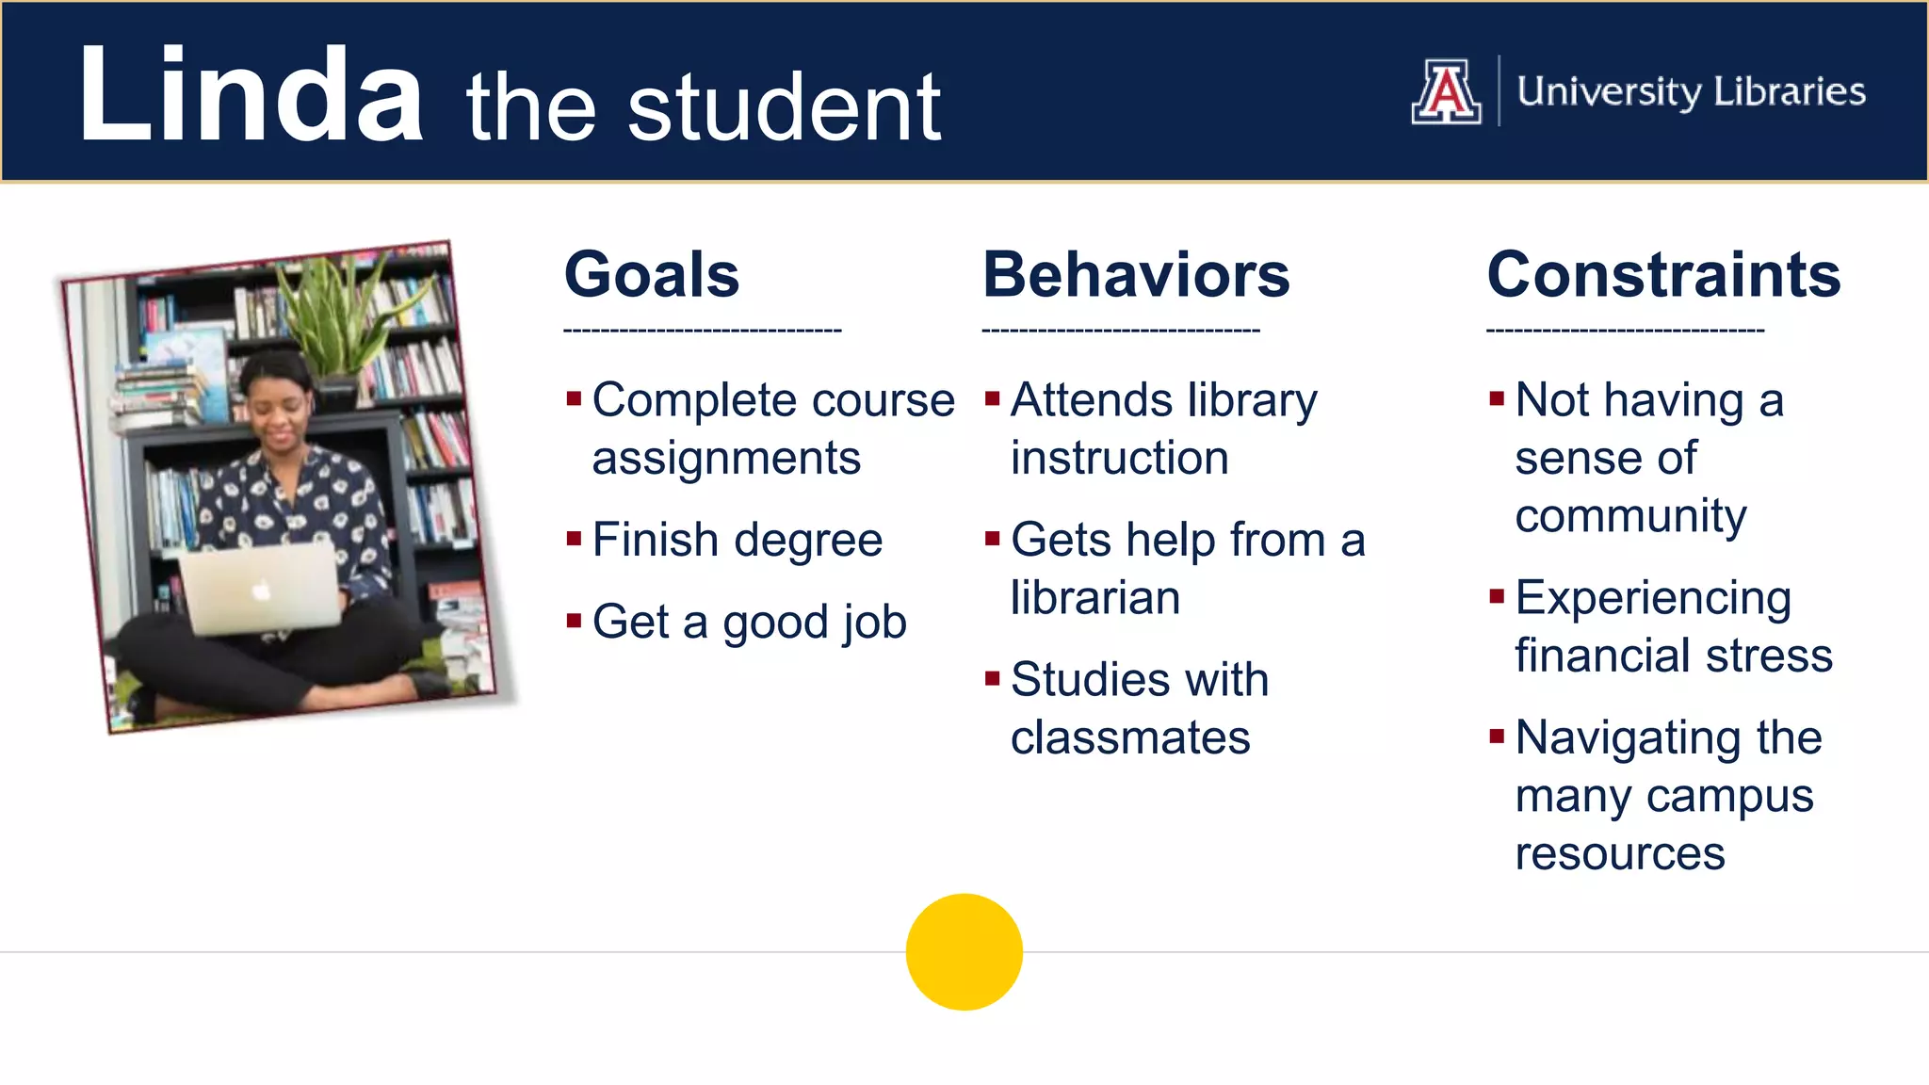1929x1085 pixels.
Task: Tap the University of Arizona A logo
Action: click(1446, 91)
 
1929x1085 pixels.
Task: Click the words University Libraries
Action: click(1691, 91)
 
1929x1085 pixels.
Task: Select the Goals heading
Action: click(652, 275)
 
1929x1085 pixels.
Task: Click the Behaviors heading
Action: click(1136, 275)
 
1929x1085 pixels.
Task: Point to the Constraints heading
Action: click(1663, 275)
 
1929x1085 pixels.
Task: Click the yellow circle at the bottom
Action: click(964, 951)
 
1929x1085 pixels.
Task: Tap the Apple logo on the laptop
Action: click(261, 591)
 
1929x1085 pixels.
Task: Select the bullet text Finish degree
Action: click(737, 541)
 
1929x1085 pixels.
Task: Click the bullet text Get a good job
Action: click(749, 623)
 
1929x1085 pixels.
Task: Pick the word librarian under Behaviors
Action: click(1094, 598)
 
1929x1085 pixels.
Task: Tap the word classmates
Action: click(1130, 737)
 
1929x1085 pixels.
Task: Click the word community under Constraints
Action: click(1630, 516)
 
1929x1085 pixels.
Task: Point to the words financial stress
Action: click(1674, 656)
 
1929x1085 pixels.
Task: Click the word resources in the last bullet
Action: click(1620, 854)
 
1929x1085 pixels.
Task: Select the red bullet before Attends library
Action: click(991, 397)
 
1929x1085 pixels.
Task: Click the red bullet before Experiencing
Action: click(1496, 595)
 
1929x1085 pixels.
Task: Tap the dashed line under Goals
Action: click(702, 331)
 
